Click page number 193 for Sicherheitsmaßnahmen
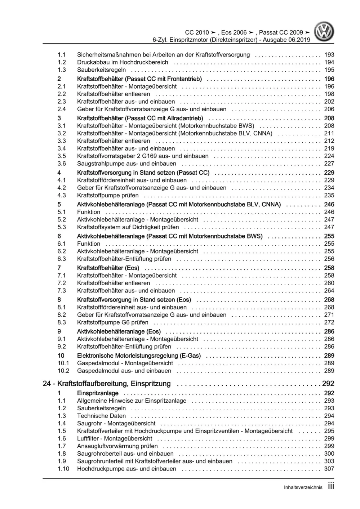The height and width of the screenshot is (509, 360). click(329, 55)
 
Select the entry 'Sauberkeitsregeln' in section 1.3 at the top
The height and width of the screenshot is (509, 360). click(101, 70)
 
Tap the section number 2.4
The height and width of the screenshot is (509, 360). click(62, 109)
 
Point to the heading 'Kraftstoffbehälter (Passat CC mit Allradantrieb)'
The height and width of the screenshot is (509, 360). click(140, 118)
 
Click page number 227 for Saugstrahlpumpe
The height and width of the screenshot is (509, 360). click(329, 164)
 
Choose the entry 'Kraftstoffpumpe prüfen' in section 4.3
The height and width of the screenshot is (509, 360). click(108, 195)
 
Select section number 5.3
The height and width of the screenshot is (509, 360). click(62, 227)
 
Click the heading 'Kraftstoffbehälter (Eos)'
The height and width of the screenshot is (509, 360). click(108, 268)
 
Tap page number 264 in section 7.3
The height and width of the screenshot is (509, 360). click(329, 291)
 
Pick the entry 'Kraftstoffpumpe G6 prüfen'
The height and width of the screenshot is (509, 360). click(112, 322)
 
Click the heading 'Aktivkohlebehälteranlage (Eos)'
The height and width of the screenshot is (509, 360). click(119, 331)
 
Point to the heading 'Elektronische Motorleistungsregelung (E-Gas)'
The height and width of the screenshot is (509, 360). click(139, 356)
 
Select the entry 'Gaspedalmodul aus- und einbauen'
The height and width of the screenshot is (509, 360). click(124, 371)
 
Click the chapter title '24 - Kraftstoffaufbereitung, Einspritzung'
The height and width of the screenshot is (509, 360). click(107, 384)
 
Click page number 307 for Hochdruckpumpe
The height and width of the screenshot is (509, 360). click(329, 469)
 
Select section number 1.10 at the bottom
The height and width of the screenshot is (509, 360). click(63, 469)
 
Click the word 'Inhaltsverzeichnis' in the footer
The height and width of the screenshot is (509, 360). click(303, 487)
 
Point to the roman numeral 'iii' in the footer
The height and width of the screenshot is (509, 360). click(331, 486)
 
